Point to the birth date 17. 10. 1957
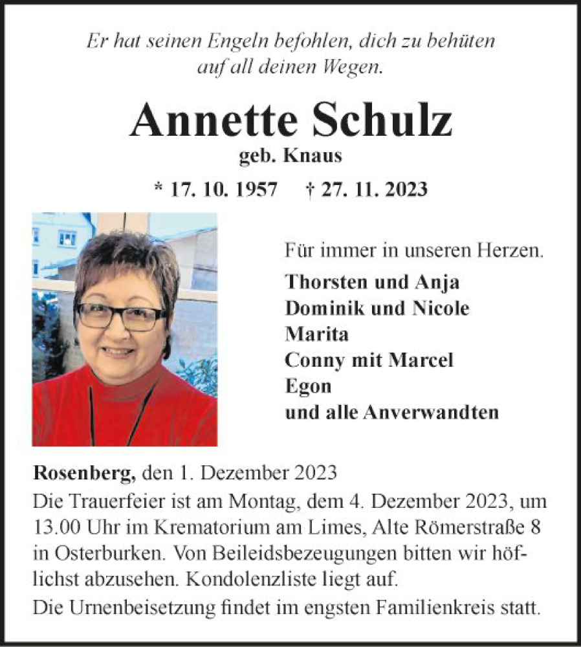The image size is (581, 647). (x=224, y=189)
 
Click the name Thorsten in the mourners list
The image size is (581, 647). (x=328, y=282)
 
